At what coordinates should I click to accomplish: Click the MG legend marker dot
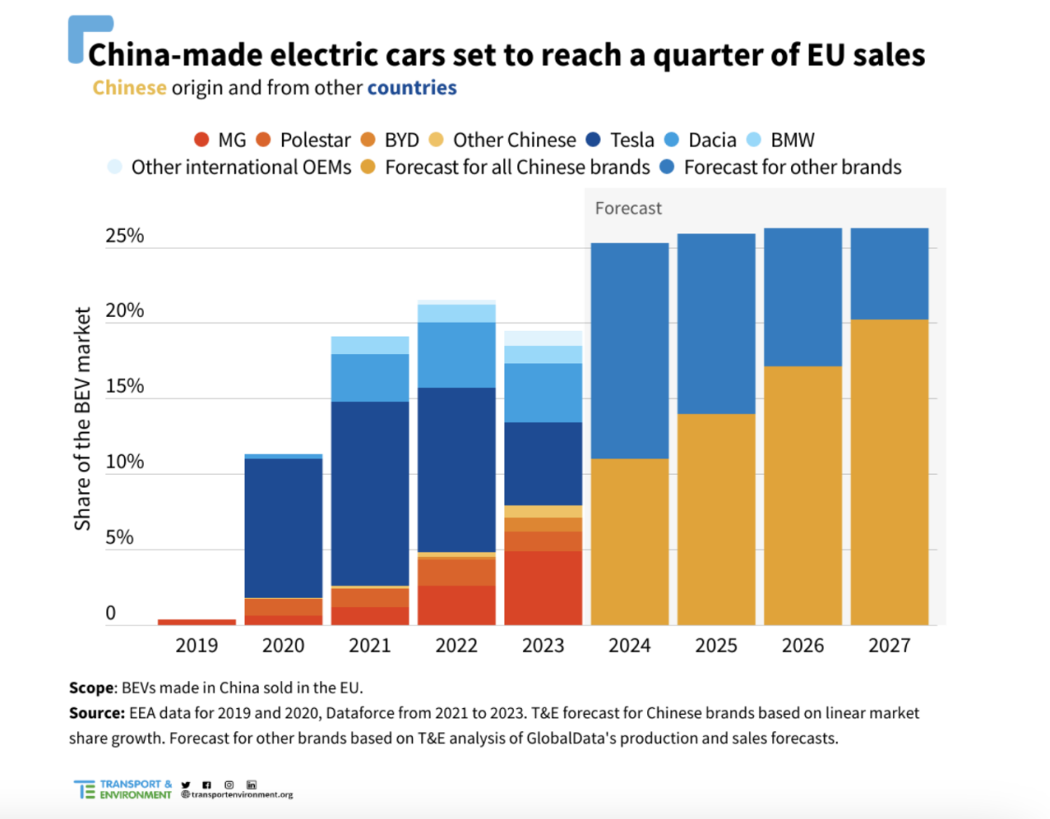pyautogui.click(x=201, y=140)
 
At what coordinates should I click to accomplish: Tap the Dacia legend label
pyautogui.click(x=712, y=140)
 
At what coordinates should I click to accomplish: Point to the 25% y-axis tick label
pyautogui.click(x=124, y=236)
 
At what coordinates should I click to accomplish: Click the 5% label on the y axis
pyautogui.click(x=119, y=538)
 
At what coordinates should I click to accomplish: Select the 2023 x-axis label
pyautogui.click(x=543, y=645)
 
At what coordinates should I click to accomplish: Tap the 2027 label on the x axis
pyautogui.click(x=889, y=645)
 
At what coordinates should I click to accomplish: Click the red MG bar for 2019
pyautogui.click(x=197, y=621)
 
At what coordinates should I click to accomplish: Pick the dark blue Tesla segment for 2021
pyautogui.click(x=370, y=493)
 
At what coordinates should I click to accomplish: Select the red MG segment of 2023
pyautogui.click(x=543, y=587)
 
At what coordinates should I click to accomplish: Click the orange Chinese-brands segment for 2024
pyautogui.click(x=630, y=542)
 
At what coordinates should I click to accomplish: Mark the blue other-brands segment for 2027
pyautogui.click(x=889, y=274)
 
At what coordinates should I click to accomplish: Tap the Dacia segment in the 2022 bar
pyautogui.click(x=457, y=355)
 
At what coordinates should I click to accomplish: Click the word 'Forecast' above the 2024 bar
pyautogui.click(x=628, y=208)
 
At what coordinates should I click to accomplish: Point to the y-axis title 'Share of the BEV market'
pyautogui.click(x=82, y=419)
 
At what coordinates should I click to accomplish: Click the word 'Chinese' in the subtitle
pyautogui.click(x=129, y=88)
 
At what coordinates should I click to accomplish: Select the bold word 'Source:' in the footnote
pyautogui.click(x=97, y=713)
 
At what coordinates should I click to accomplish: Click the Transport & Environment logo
pyautogui.click(x=123, y=789)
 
